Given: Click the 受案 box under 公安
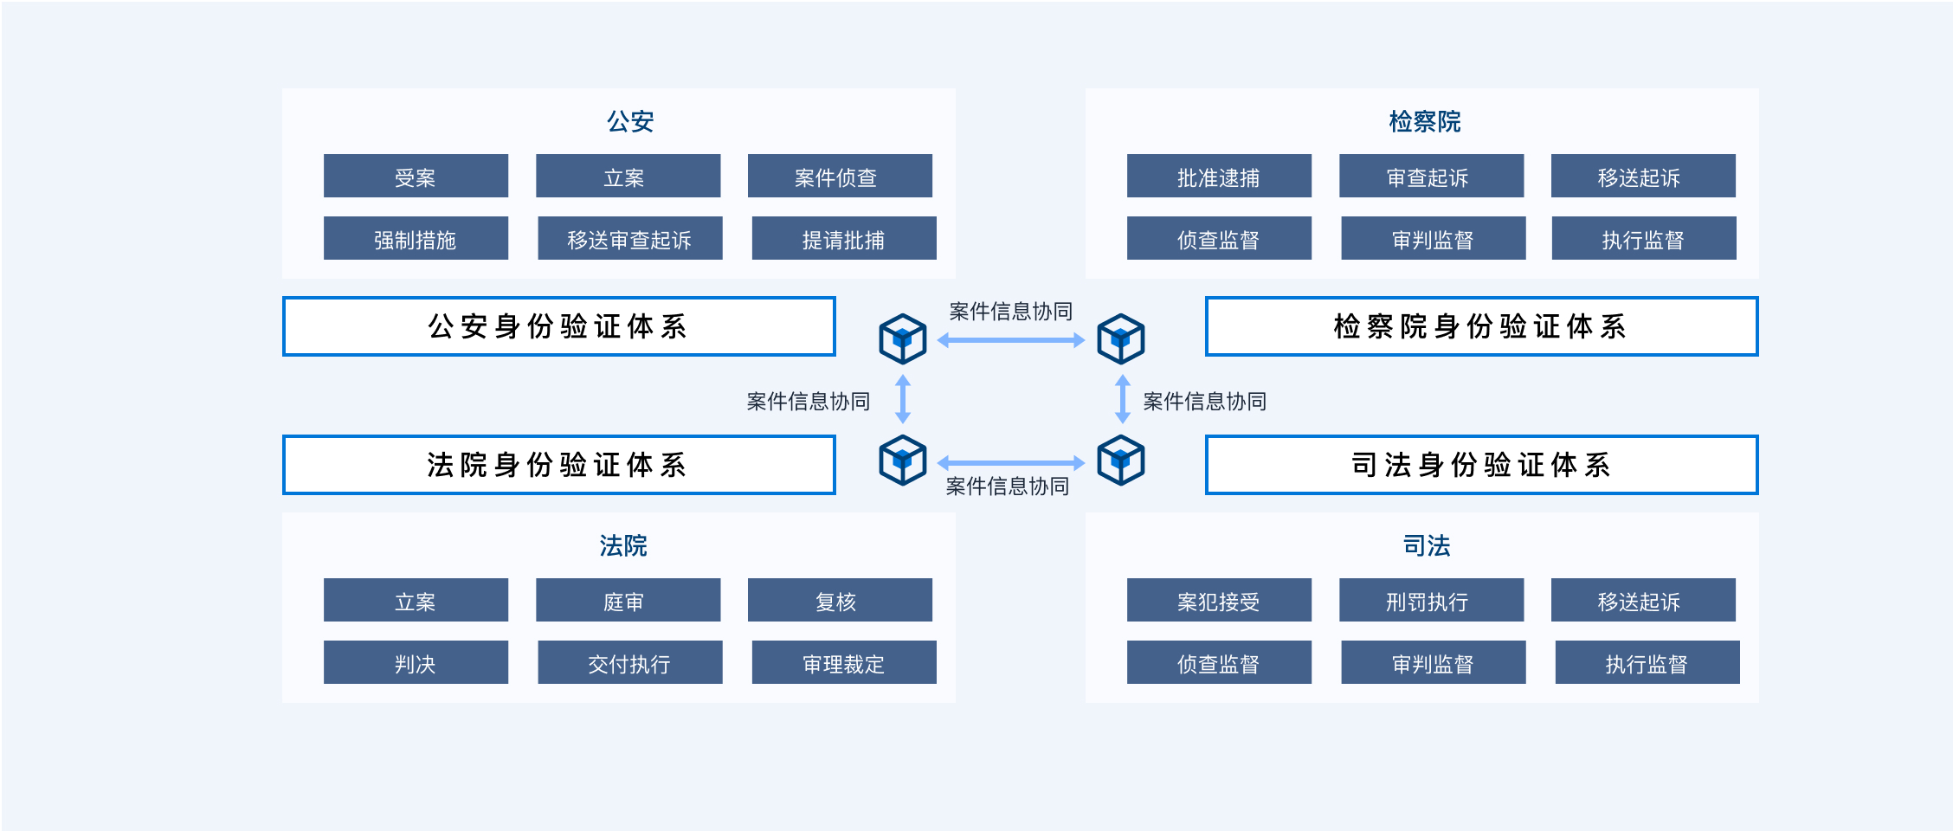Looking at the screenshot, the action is click(x=416, y=176).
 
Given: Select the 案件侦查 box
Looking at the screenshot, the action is click(x=840, y=176).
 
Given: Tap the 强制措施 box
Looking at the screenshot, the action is click(x=416, y=238).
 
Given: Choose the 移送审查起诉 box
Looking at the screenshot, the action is click(x=630, y=238).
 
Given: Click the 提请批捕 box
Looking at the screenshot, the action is click(x=844, y=238).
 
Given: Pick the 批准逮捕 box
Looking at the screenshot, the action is click(x=1219, y=176).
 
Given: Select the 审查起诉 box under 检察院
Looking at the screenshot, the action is click(x=1431, y=176).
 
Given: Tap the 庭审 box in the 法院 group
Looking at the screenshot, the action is click(x=628, y=600).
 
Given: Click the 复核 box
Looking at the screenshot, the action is click(x=840, y=600).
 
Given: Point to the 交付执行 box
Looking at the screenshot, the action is click(x=630, y=662).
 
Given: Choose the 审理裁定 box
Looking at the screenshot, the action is click(x=844, y=662).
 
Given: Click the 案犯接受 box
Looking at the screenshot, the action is click(x=1219, y=600).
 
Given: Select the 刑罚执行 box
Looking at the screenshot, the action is click(x=1431, y=600).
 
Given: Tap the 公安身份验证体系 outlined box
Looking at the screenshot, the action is click(x=558, y=326).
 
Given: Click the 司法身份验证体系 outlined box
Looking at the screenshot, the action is click(x=1481, y=465).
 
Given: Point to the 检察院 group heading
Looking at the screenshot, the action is click(x=1425, y=121).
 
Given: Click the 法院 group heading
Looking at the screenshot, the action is click(x=623, y=545).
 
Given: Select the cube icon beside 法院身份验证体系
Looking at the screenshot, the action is click(x=903, y=460).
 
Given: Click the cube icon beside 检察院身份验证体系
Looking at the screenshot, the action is click(x=1121, y=338).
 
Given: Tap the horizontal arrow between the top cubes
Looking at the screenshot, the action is click(x=1011, y=340).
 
